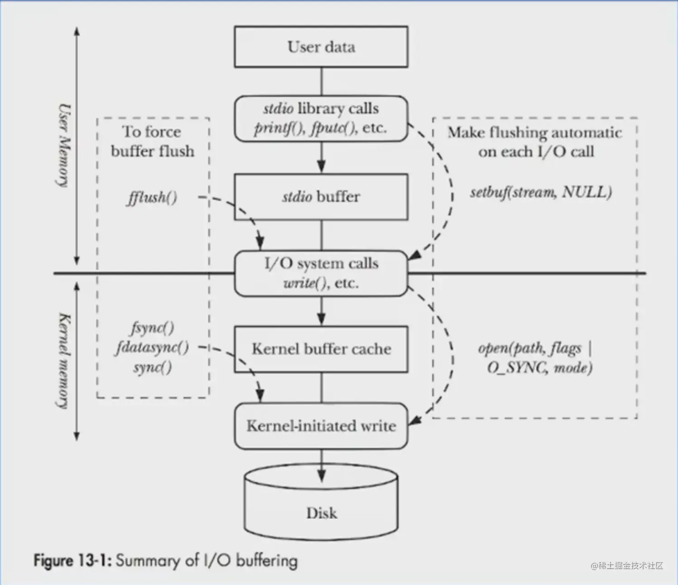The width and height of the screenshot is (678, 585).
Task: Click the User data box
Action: point(321,47)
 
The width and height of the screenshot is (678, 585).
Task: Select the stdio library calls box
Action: point(321,118)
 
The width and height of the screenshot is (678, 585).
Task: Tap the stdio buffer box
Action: point(321,197)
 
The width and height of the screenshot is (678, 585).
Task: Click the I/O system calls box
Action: point(321,273)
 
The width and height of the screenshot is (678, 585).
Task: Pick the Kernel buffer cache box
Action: point(321,349)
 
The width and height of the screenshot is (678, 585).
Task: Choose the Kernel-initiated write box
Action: point(321,426)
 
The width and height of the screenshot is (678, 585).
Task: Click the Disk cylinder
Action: point(321,507)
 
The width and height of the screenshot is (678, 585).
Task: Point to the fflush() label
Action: point(152,198)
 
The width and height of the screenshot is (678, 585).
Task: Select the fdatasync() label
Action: point(152,348)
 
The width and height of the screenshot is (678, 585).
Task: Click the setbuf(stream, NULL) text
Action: point(540,192)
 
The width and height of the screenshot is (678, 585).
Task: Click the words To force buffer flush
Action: point(152,141)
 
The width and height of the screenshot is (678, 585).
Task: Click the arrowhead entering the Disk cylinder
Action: point(321,475)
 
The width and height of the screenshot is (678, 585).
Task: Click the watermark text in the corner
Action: point(627,566)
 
